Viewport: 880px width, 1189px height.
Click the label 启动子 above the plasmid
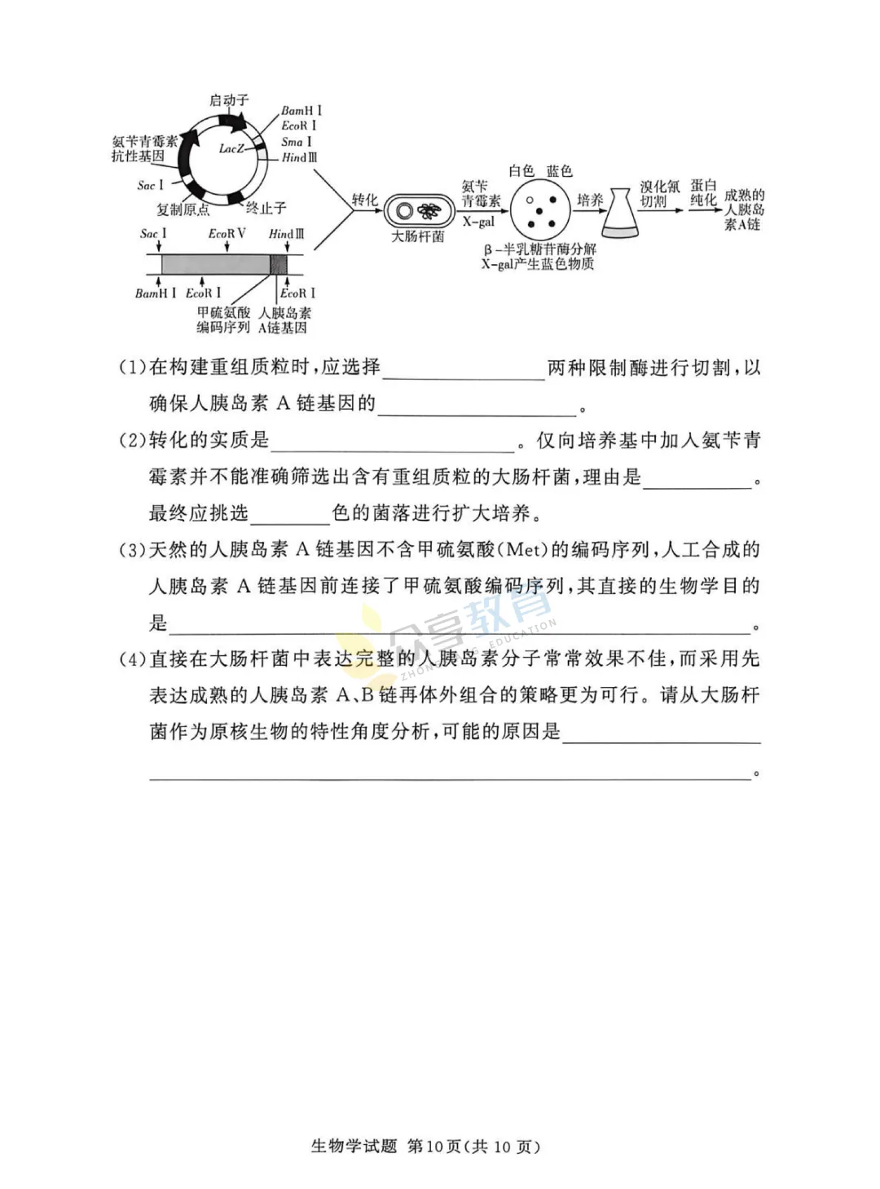229,100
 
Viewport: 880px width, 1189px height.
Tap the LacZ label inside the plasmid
231,148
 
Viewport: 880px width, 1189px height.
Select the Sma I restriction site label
297,142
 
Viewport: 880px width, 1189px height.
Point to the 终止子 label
266,208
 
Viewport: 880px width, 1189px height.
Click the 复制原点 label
183,209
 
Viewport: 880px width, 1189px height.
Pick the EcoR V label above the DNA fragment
227,234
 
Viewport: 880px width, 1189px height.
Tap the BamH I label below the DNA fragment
155,293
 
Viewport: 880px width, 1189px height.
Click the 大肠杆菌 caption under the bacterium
418,236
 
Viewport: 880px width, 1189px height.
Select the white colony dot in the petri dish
530,200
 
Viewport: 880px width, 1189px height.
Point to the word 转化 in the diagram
365,200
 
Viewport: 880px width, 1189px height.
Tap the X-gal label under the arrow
478,222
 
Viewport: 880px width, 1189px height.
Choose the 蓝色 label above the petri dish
559,171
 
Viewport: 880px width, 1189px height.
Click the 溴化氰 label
659,187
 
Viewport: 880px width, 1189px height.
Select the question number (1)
133,368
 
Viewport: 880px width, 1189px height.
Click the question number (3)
133,550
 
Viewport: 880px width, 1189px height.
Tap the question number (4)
133,659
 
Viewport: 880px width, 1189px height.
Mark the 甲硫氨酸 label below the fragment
223,313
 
